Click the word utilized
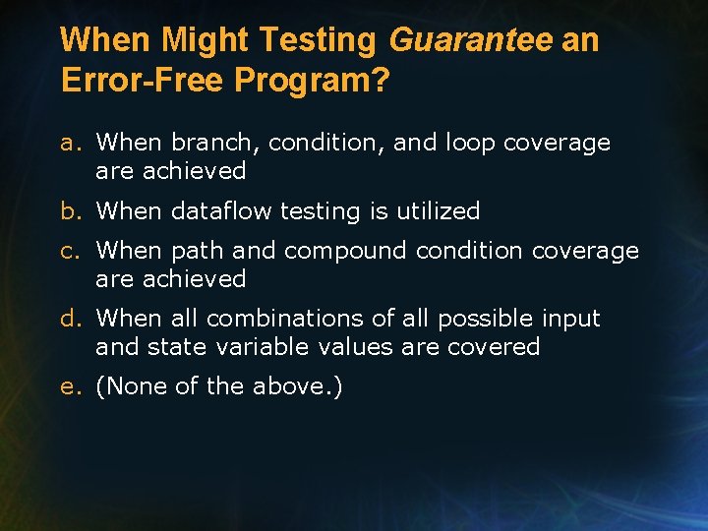point(438,210)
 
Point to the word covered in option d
point(499,347)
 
